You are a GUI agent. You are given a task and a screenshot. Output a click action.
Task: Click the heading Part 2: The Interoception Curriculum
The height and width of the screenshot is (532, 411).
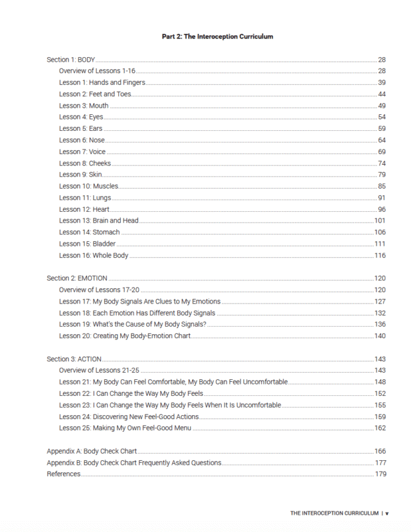217,37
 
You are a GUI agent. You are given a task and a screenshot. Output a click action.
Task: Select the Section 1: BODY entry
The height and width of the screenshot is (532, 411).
71,60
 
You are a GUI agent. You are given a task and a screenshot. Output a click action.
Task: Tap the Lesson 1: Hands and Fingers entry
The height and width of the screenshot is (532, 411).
102,83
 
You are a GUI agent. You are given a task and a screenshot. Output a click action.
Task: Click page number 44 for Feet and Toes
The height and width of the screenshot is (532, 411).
381,94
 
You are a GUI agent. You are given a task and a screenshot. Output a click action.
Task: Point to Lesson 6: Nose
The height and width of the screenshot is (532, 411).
82,141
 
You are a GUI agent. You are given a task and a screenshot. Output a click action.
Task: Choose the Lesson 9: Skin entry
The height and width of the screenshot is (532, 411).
80,175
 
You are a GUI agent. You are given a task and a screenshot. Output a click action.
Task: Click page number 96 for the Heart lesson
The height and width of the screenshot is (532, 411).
381,210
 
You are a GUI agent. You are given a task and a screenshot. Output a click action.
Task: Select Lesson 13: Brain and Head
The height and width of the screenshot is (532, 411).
99,221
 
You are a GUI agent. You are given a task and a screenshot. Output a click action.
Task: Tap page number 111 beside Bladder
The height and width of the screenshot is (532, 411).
380,244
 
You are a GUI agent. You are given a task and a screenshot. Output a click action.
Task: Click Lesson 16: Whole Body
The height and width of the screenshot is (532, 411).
94,255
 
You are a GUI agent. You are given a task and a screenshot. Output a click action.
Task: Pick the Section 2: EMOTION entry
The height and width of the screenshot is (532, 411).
77,279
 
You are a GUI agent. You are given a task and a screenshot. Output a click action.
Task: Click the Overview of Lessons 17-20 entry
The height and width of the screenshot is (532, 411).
100,290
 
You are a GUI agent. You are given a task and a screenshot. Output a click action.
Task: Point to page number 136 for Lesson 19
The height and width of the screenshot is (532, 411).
380,325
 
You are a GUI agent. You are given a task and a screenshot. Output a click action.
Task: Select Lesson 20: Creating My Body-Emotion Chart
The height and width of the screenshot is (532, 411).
134,336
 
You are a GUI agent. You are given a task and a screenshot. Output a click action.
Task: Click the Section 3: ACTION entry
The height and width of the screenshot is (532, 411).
74,359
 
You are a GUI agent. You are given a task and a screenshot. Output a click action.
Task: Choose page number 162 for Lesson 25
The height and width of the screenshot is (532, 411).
380,428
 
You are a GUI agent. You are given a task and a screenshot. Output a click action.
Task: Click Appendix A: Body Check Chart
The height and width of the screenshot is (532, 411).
91,451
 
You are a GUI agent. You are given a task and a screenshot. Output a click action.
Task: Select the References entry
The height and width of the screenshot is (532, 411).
64,474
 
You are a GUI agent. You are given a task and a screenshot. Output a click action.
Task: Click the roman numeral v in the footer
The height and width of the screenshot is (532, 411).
387,513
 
